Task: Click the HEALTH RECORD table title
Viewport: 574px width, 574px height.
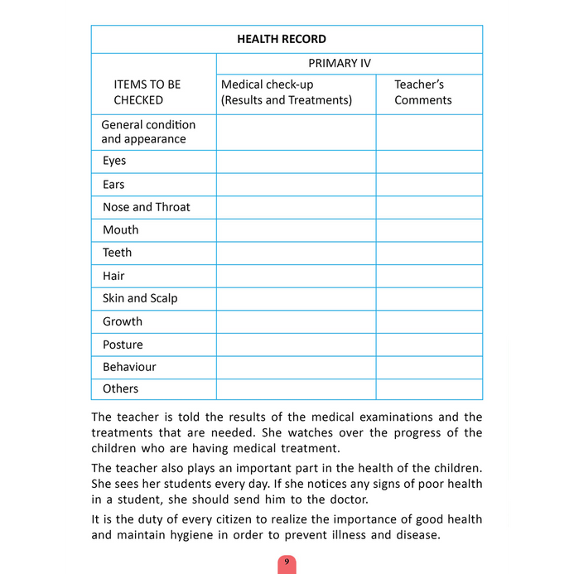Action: coord(282,39)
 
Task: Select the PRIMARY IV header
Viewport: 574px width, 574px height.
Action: coord(340,63)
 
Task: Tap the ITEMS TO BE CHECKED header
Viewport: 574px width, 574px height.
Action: coord(147,92)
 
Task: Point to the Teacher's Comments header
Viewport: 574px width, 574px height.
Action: coord(422,92)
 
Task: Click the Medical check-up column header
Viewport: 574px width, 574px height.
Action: coord(286,92)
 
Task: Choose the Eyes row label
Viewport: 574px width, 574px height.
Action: coord(114,161)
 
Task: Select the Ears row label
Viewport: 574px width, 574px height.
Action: coord(113,184)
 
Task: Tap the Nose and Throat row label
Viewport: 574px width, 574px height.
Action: coord(146,207)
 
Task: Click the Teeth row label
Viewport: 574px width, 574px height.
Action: coord(117,253)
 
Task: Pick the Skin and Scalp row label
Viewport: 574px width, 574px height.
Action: coord(140,298)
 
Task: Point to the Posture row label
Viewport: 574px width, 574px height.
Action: coord(123,344)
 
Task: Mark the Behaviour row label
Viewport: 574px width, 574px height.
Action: coord(129,366)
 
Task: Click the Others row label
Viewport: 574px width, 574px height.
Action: coord(120,388)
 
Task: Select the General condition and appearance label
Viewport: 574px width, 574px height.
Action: coord(148,132)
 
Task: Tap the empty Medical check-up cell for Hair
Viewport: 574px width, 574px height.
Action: coord(296,276)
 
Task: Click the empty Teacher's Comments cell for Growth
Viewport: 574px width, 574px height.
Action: coord(429,321)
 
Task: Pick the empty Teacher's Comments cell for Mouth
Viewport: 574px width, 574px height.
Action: coord(429,229)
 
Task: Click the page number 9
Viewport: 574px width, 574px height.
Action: coord(287,562)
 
